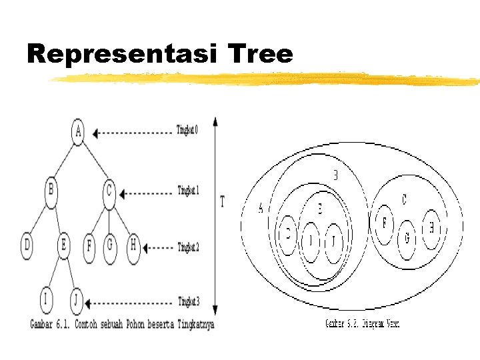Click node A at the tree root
click(x=78, y=131)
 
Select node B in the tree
click(x=51, y=190)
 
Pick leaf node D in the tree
click(x=27, y=245)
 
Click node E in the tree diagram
click(x=63, y=245)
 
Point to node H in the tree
click(x=133, y=245)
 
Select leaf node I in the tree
click(x=45, y=300)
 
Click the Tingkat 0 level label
click(x=187, y=129)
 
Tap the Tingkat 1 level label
click(x=188, y=191)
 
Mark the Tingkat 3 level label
click(x=188, y=301)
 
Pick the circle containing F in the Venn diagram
click(x=384, y=224)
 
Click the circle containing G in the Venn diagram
click(x=407, y=238)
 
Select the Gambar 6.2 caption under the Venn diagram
click(x=362, y=324)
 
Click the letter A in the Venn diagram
click(x=261, y=208)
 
